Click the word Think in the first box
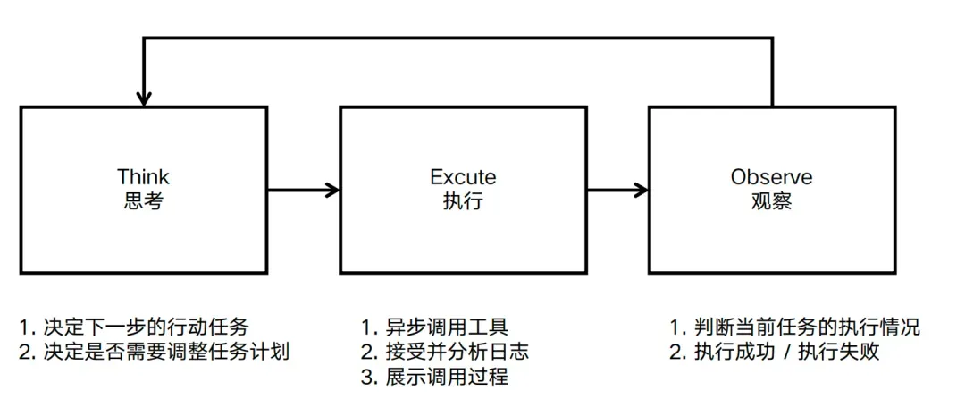coord(143,176)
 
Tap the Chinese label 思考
coord(143,201)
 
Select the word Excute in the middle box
coord(463,176)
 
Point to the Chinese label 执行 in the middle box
coord(463,201)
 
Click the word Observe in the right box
coord(772,176)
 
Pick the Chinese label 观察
coord(772,201)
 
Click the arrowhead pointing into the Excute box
coord(332,190)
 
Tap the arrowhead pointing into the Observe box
coord(642,190)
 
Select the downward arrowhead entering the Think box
coord(144,99)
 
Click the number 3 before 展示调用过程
coord(366,376)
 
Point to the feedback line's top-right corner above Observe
coord(772,38)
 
